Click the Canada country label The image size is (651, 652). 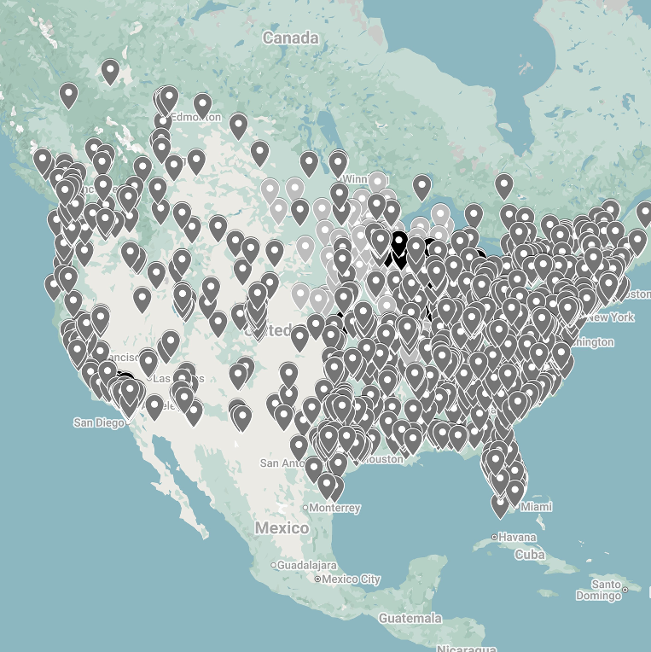point(290,38)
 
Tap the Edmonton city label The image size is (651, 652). point(192,118)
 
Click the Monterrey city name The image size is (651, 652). point(335,508)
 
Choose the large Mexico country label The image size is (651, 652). point(282,528)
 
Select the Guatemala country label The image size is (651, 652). point(411,617)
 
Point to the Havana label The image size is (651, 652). point(518,538)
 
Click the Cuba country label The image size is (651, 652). point(530,555)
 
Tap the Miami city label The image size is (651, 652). point(536,507)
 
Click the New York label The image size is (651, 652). point(611,317)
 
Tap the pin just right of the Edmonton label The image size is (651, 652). point(202,104)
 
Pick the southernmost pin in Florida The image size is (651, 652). point(501,504)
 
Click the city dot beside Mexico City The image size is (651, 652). point(317,579)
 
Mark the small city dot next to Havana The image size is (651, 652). point(495,538)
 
